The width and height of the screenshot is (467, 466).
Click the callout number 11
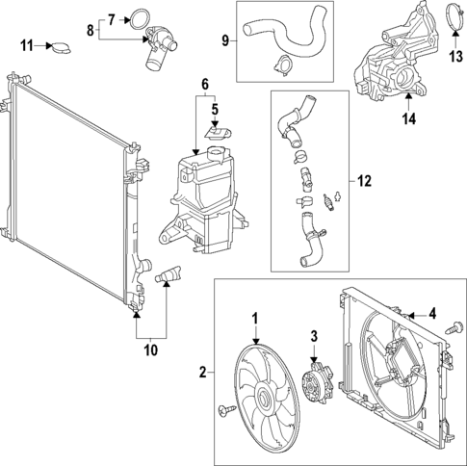[27, 44]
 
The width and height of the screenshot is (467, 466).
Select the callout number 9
[226, 41]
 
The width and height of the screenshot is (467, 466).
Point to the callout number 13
[455, 56]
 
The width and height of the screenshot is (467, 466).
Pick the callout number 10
[150, 350]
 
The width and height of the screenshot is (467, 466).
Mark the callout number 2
[203, 371]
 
